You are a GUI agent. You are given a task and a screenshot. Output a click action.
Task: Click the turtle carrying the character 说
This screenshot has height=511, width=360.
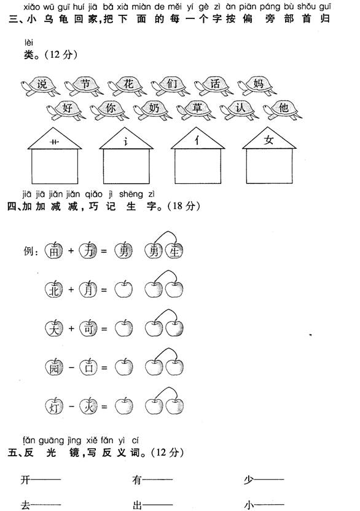[40, 86]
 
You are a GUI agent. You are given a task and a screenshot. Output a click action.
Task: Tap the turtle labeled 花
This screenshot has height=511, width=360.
[127, 85]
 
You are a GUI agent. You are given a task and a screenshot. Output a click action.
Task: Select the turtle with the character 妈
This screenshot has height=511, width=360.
[257, 85]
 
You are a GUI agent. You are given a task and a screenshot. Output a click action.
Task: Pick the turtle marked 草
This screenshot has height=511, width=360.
[196, 110]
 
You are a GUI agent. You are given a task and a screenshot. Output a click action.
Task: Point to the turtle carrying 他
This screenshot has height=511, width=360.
[283, 110]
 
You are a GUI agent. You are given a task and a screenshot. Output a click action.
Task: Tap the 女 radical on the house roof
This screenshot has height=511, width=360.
[269, 140]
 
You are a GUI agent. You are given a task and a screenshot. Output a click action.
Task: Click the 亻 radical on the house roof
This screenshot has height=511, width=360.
[197, 141]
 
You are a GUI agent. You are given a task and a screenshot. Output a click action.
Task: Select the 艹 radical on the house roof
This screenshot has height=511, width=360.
[54, 142]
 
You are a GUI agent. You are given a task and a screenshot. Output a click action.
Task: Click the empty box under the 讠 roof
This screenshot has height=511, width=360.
[127, 166]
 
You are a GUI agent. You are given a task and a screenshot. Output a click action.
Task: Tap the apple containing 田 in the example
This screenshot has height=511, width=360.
[54, 251]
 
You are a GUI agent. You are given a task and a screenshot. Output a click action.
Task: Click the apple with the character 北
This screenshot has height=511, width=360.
[54, 290]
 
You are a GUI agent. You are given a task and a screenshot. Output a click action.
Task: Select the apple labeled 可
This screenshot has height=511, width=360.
[88, 328]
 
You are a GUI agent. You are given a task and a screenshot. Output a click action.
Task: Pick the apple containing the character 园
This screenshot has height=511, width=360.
[54, 367]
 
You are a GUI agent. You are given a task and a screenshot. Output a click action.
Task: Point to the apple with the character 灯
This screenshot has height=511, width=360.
[54, 406]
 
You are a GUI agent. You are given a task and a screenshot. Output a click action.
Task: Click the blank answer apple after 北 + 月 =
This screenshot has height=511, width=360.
[123, 289]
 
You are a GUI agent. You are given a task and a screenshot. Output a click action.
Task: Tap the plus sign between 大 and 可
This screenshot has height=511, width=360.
[71, 328]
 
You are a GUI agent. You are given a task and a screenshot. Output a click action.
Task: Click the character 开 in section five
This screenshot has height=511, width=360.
[25, 480]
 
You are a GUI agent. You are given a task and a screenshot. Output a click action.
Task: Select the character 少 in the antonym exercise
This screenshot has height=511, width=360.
[249, 480]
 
